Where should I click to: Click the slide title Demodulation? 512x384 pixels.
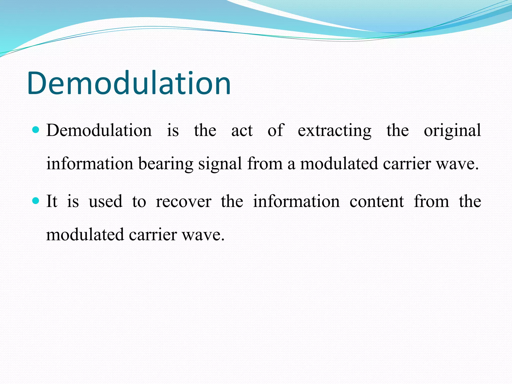tap(129, 83)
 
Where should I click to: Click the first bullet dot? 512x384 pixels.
tap(36, 130)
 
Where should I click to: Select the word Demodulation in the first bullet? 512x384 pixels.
tap(99, 130)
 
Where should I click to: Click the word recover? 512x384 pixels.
tap(183, 201)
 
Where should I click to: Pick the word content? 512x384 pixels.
tap(376, 201)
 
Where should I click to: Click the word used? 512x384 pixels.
tap(105, 201)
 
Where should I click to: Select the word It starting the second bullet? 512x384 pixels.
tap(52, 201)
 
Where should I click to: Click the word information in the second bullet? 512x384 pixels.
tap(296, 201)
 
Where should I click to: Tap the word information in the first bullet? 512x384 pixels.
tap(90, 164)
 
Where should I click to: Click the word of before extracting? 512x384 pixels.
tap(275, 130)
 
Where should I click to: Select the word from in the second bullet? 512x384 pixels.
tap(431, 201)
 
